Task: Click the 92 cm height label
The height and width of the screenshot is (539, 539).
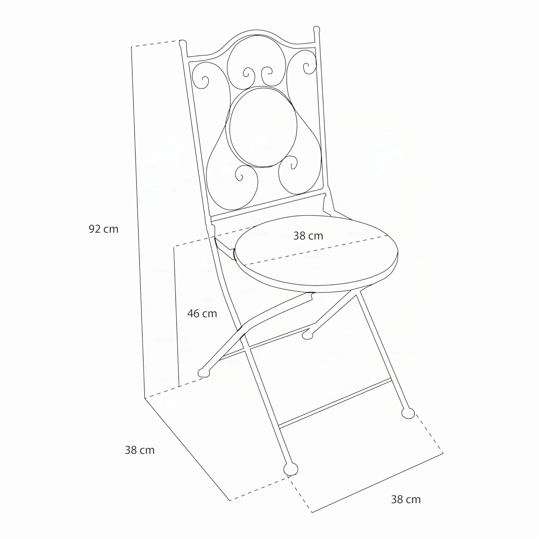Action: (x=103, y=229)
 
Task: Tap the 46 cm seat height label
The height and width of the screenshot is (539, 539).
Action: (x=202, y=313)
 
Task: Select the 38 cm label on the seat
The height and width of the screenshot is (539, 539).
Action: (x=308, y=236)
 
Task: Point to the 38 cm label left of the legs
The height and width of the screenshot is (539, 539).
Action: (x=139, y=450)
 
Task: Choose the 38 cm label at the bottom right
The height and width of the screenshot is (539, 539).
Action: (x=406, y=499)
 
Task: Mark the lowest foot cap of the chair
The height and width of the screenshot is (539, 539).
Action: (x=291, y=469)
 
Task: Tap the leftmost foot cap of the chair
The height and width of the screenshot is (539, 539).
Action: (x=204, y=373)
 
